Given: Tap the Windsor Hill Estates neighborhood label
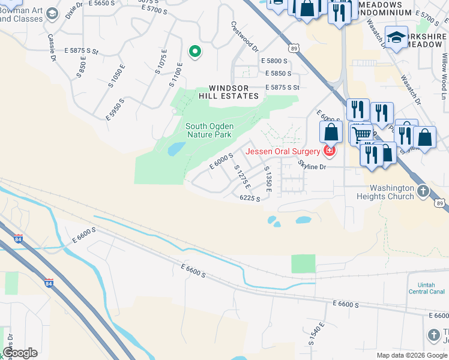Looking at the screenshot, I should click(x=234, y=92).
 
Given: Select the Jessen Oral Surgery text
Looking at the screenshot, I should click(x=282, y=151).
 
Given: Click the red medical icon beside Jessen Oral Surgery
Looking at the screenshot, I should click(x=328, y=151).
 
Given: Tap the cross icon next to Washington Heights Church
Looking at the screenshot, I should click(x=424, y=191).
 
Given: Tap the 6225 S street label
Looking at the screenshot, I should click(x=250, y=198).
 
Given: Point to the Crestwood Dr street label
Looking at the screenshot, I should click(x=244, y=36).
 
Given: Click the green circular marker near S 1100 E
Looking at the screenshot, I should click(x=194, y=52).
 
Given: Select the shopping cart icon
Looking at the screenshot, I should click(x=361, y=134).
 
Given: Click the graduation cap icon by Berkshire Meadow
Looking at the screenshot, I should click(x=396, y=38).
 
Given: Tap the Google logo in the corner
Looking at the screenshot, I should click(x=20, y=352).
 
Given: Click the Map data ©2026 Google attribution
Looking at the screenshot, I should click(x=412, y=355).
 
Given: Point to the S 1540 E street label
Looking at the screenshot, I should click(x=316, y=335).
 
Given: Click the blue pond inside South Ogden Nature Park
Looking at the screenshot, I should click(x=175, y=149).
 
